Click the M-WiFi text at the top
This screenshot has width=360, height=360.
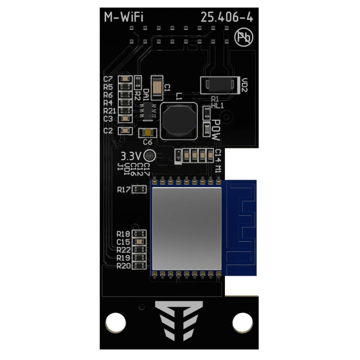(124, 18)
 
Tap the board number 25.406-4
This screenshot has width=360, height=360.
(227, 18)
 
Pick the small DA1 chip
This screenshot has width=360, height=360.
(147, 110)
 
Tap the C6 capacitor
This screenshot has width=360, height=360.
(147, 133)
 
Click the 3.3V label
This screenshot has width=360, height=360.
(131, 156)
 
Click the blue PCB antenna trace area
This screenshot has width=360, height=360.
(240, 227)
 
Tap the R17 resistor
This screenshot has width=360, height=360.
(139, 189)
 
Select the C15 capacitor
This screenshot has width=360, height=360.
(139, 242)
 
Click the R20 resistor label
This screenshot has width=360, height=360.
(123, 266)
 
